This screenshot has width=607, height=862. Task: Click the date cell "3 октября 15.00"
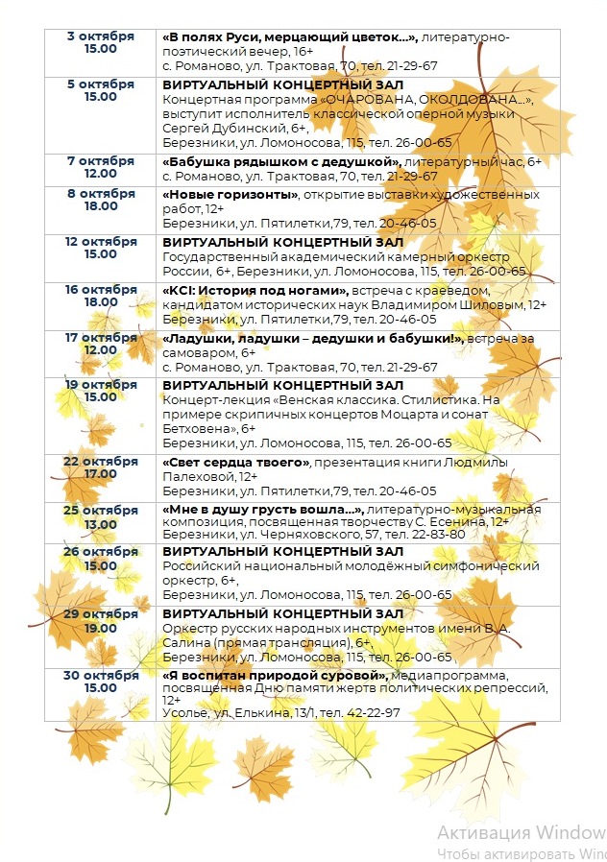coord(100,42)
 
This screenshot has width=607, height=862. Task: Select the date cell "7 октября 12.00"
coord(100,166)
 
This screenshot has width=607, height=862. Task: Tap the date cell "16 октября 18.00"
coord(100,296)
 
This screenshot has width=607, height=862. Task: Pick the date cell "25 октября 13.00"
coord(100,515)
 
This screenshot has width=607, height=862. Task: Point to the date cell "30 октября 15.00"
coord(100,681)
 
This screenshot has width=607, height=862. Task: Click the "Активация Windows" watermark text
coord(521,830)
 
